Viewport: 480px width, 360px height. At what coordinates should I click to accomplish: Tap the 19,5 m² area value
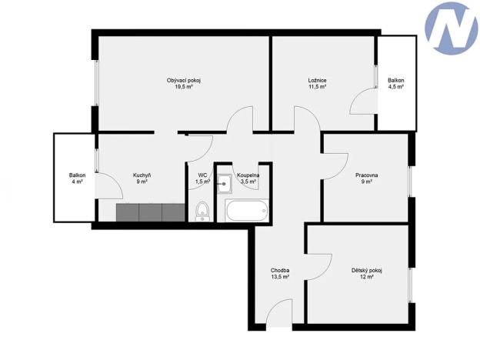183,88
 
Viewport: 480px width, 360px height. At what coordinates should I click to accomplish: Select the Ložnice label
318,81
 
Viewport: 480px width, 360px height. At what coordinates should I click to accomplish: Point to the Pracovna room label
367,175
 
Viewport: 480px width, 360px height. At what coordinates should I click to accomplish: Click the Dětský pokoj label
366,270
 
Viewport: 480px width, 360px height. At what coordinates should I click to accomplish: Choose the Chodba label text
279,270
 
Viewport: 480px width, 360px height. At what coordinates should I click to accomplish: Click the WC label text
202,175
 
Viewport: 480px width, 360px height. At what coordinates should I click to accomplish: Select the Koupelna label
248,175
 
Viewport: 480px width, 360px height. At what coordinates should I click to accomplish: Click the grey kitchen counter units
151,212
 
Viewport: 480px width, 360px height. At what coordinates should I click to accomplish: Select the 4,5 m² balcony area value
395,88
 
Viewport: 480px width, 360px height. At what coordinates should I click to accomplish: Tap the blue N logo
451,28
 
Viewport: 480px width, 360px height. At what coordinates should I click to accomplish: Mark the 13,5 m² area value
279,277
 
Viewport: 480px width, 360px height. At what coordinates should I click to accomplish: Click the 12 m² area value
366,277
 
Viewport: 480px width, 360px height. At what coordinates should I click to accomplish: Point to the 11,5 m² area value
318,88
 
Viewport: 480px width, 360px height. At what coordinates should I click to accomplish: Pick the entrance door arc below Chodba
278,316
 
